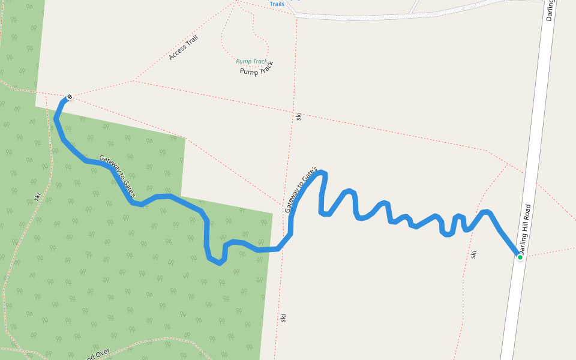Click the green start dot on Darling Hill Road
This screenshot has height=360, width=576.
tap(520, 257)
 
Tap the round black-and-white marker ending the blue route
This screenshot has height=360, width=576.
tap(70, 97)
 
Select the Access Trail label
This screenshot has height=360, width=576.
tap(183, 47)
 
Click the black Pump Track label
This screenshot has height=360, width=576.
tap(257, 68)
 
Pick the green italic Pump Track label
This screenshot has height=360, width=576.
tap(251, 61)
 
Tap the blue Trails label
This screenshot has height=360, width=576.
tap(277, 4)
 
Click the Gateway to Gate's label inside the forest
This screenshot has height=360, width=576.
tap(118, 177)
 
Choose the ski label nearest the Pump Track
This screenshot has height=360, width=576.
tap(298, 115)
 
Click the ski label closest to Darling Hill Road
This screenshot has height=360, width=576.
tap(473, 254)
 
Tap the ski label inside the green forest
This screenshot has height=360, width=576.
tap(37, 196)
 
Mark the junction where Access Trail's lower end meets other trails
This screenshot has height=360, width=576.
tap(134, 80)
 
